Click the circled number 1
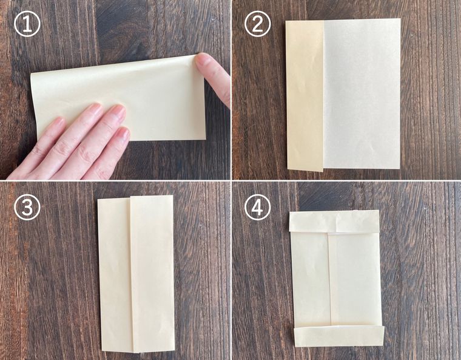pos(27,25)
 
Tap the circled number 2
pos(258,25)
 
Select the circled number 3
pos(27,208)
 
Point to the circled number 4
pos(258,208)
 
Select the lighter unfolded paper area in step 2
pos(362,93)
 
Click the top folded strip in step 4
pos(334,222)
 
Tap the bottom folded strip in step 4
pos(339,336)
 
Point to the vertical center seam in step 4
pos(329,279)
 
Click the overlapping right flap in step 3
pos(152,274)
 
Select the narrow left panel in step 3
pos(115,274)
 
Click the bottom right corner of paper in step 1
pos(206,140)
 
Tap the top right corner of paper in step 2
pos(400,19)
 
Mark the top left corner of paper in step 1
pos(31,75)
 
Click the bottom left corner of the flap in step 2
pos(288,169)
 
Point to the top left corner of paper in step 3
pos(98,199)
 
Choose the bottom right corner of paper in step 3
pos(174,351)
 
